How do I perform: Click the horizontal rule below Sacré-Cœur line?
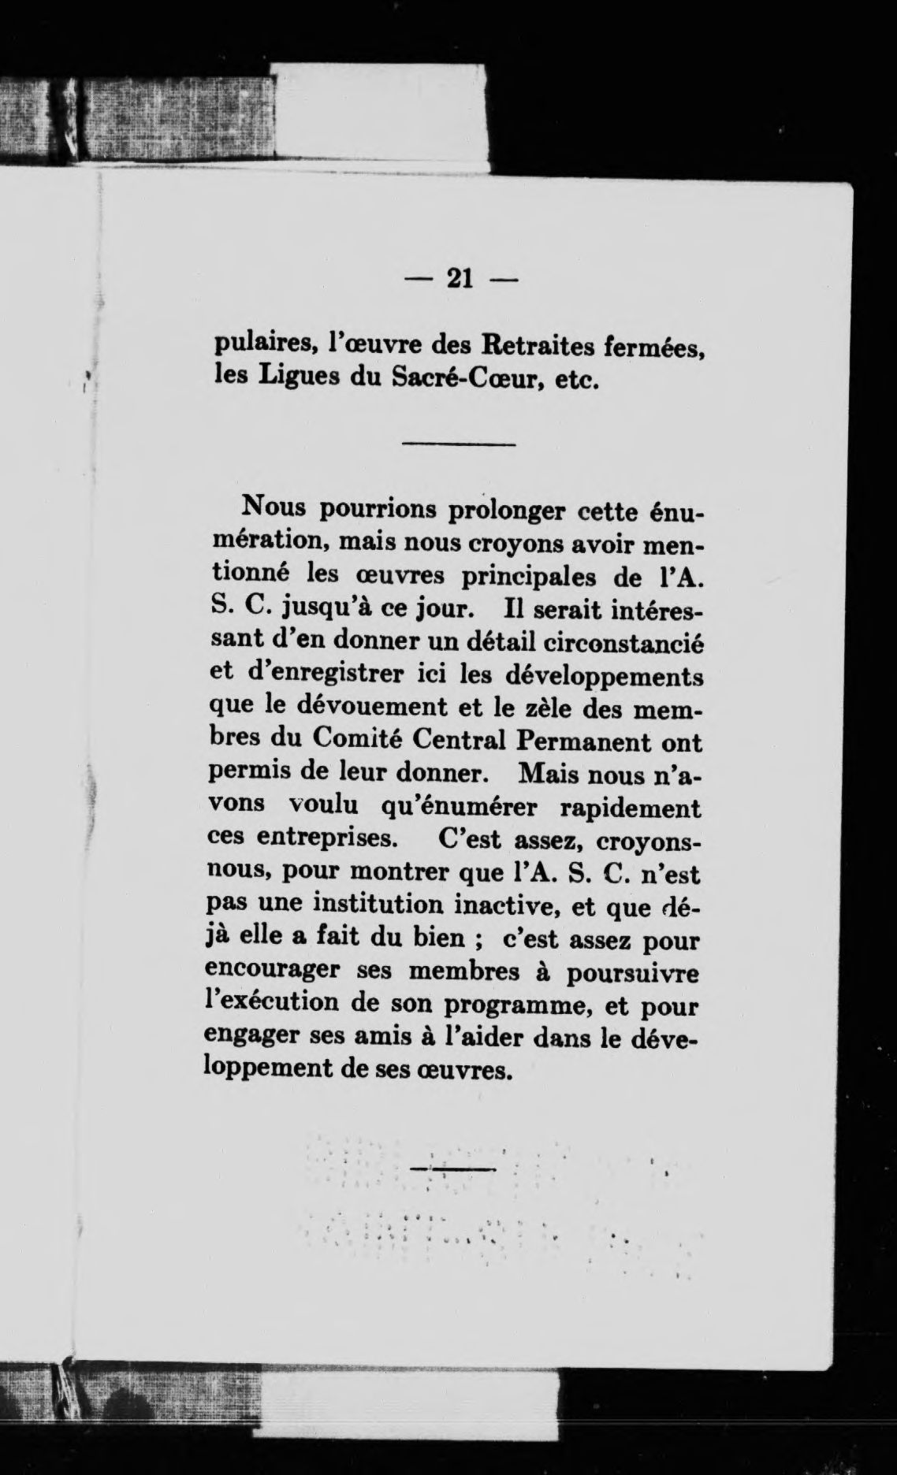(458, 446)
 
